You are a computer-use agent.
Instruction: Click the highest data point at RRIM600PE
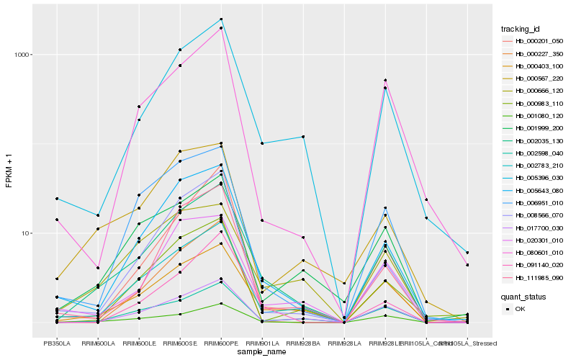pos(221,19)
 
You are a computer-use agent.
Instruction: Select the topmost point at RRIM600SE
pos(180,50)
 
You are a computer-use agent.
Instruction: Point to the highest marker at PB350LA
pos(56,199)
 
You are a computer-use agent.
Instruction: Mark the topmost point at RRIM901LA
pos(262,143)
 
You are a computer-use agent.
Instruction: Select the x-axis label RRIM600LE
pos(138,343)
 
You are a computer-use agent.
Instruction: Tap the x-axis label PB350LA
pos(56,343)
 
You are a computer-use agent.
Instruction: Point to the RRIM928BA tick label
pos(303,343)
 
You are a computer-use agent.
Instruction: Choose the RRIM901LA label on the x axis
pos(262,343)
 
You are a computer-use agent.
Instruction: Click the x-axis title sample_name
pos(262,351)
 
